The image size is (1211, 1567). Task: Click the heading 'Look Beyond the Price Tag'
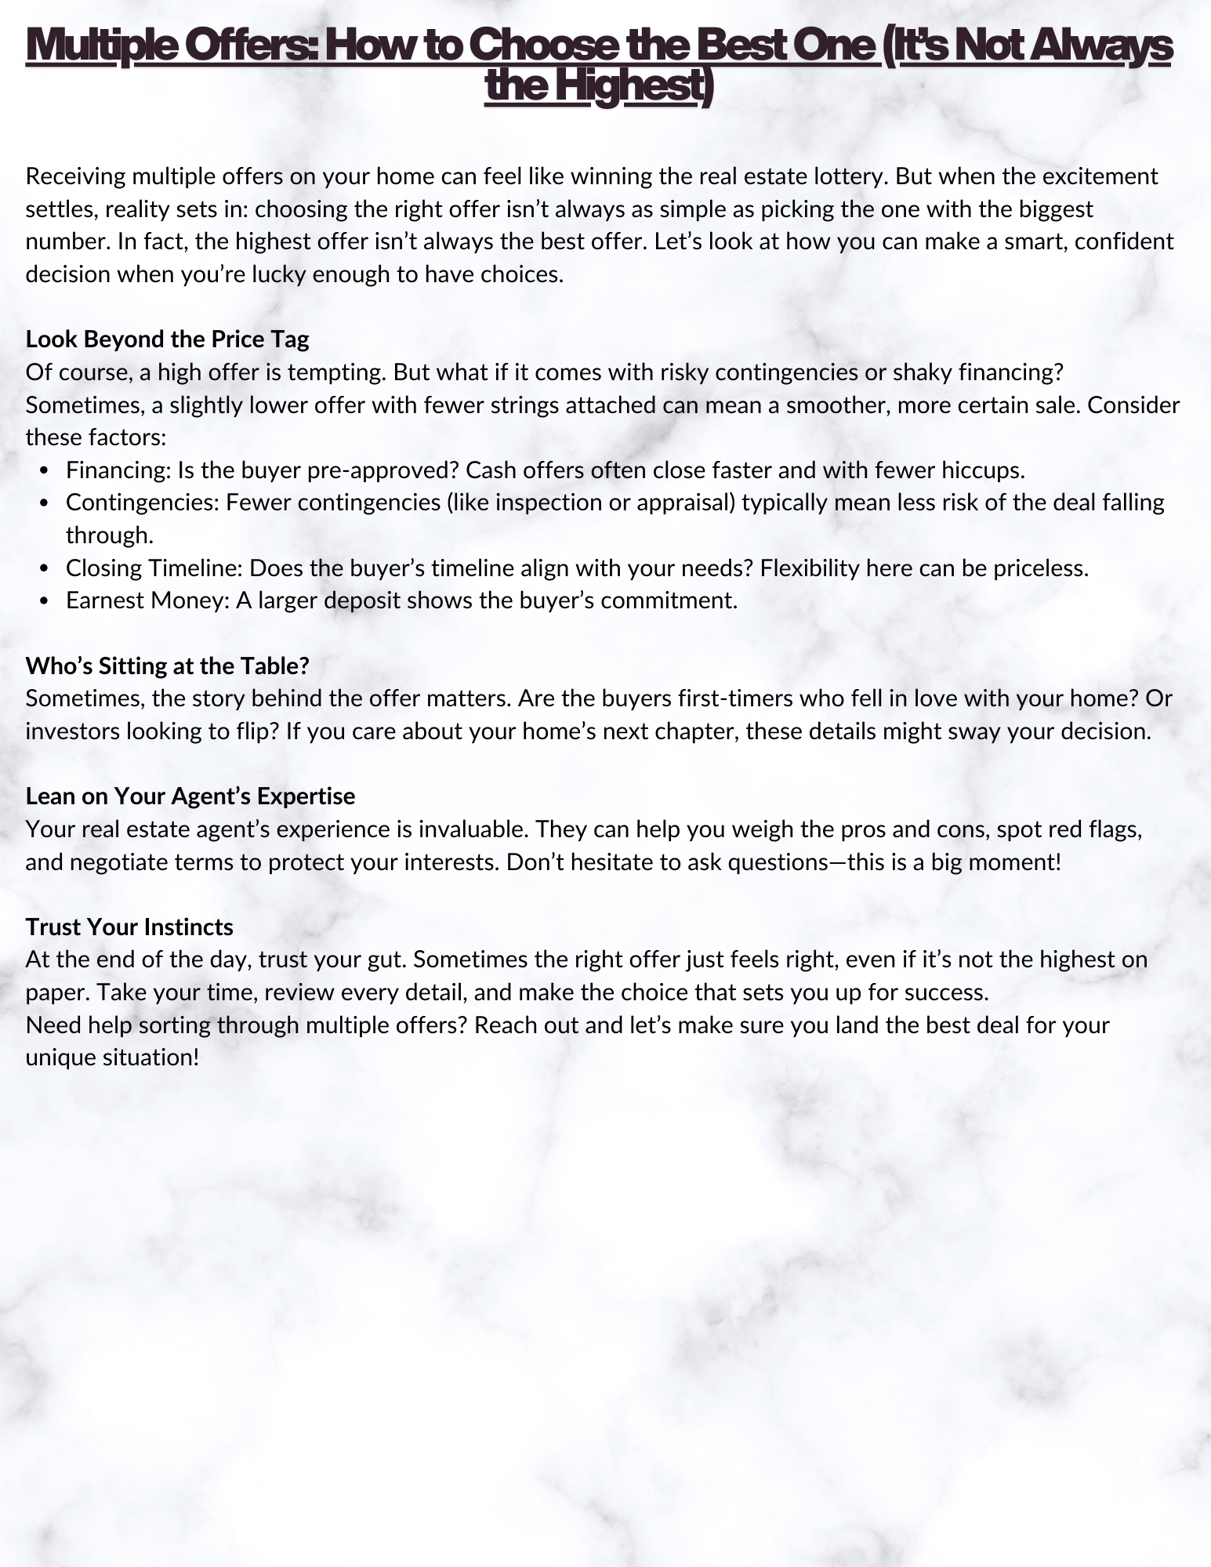tap(167, 339)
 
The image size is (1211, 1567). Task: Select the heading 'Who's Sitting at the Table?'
tap(167, 666)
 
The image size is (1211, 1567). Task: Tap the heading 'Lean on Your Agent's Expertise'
tap(190, 796)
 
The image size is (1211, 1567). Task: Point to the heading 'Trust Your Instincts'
tap(129, 927)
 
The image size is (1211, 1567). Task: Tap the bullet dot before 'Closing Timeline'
tap(45, 568)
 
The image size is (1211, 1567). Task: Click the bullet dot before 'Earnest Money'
tap(45, 601)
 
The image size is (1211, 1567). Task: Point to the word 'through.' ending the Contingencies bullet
tap(110, 535)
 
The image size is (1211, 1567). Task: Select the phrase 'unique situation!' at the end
tap(112, 1057)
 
